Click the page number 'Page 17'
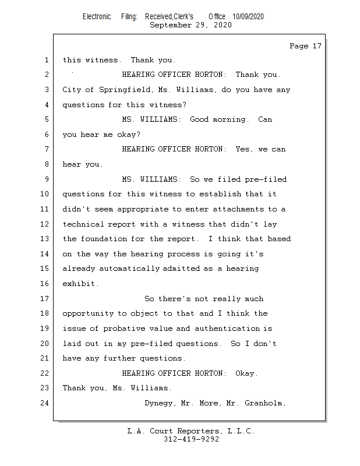(x=305, y=46)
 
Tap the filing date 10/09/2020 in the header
(x=248, y=17)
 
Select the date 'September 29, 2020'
(x=190, y=25)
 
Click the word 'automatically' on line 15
(x=131, y=269)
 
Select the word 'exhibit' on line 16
(x=80, y=284)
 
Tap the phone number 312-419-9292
(x=191, y=439)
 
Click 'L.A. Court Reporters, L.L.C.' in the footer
(x=191, y=431)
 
